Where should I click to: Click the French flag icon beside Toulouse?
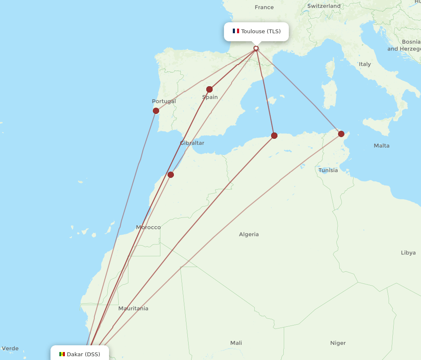point(236,31)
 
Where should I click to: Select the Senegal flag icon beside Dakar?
point(62,354)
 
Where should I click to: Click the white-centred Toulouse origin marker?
point(256,48)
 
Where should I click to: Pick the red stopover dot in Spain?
point(209,89)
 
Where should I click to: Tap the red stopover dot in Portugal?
point(156,111)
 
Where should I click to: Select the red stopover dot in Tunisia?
point(341,134)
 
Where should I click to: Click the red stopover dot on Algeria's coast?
point(274,135)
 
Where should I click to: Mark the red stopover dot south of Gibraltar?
point(171,175)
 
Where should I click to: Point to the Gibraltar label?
point(192,143)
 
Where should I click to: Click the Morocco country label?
point(148,227)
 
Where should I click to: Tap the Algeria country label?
point(249,234)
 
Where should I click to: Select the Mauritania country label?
point(133,308)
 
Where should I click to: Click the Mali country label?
point(236,343)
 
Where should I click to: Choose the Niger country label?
point(338,343)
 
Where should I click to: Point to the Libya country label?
point(408,253)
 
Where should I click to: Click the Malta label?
point(381,146)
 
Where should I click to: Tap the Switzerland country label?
point(324,6)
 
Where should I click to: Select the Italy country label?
point(365,64)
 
